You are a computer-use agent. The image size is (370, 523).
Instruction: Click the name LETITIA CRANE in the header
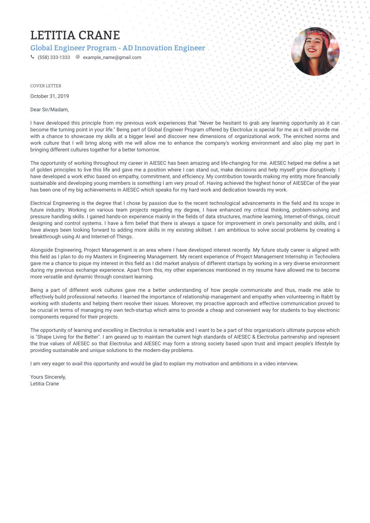tap(75, 35)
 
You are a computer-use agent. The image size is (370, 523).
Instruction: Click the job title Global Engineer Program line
tap(117, 48)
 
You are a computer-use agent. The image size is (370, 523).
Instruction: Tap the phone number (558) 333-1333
tap(54, 57)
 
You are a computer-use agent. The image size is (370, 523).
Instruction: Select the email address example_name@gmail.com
tap(112, 57)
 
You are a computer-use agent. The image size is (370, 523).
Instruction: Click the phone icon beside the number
tap(32, 57)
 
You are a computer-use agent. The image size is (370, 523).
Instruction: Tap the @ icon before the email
tap(78, 57)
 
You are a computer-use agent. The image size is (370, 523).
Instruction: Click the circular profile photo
tap(315, 52)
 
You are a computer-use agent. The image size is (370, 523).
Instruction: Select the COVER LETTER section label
tap(46, 86)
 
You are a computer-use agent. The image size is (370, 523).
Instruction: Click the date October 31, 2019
tap(50, 96)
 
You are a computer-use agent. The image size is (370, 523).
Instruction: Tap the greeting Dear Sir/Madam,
tap(50, 110)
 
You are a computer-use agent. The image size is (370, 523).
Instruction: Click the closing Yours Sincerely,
tap(48, 377)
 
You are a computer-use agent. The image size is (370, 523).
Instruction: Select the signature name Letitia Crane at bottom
tap(44, 384)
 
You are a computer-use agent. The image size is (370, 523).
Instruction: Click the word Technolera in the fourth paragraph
tap(327, 257)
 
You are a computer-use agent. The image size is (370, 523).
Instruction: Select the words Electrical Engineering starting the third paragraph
tap(55, 203)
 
